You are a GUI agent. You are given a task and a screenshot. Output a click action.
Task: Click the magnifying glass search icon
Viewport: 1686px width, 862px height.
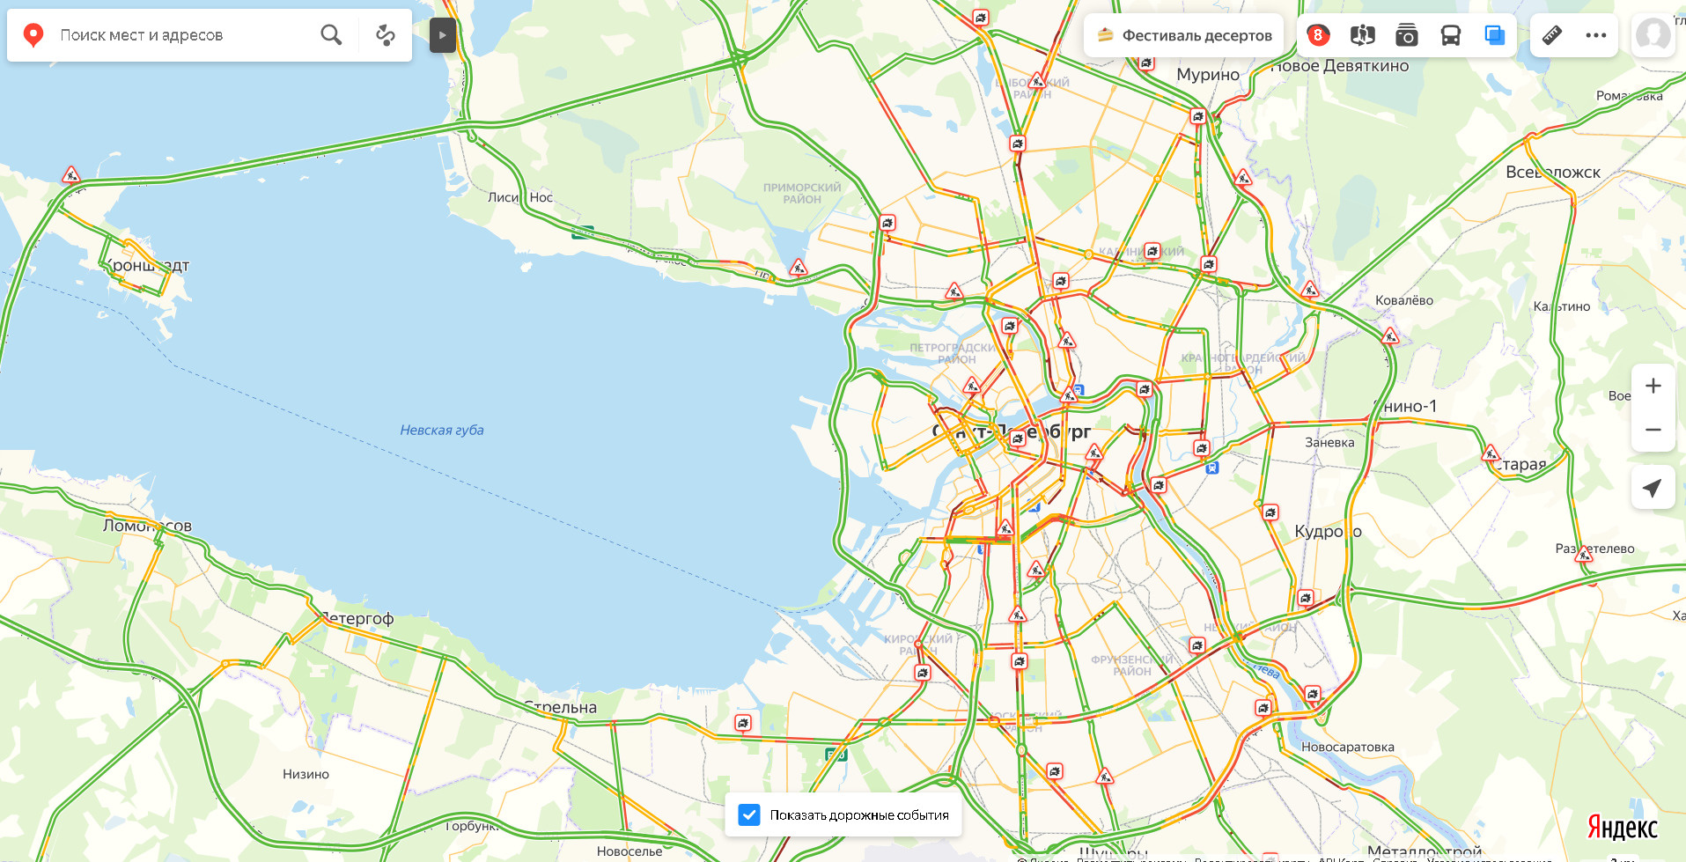[x=331, y=34]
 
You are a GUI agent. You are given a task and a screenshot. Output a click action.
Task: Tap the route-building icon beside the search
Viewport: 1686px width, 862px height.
[x=385, y=34]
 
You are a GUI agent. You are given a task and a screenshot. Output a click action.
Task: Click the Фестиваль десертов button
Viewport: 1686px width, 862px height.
[x=1184, y=35]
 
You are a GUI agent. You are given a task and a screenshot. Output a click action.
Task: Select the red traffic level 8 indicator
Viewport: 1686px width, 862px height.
[x=1317, y=35]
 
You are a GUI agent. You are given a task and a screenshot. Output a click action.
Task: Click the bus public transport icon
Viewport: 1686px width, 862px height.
[x=1450, y=35]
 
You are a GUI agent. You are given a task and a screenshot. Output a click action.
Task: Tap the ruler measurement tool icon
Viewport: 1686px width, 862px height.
[x=1552, y=35]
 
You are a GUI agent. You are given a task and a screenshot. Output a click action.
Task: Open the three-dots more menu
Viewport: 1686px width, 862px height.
[x=1595, y=35]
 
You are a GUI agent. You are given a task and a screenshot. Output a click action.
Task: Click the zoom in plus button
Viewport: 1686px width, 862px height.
[x=1653, y=386]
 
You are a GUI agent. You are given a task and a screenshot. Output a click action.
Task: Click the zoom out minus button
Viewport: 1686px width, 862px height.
[x=1653, y=430]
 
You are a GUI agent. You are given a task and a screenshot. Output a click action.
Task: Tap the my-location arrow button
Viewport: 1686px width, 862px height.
[x=1653, y=487]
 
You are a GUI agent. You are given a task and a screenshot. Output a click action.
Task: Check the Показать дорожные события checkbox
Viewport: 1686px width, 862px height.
[x=749, y=814]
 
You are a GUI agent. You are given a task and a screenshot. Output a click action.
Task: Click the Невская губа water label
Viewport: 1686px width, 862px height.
[x=442, y=430]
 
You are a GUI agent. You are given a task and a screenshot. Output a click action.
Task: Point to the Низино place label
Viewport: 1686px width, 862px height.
[x=306, y=774]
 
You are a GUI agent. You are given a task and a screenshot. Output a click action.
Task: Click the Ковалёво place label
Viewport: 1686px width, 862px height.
[x=1403, y=300]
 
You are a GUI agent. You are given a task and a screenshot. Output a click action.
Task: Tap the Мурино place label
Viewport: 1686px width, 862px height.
[x=1207, y=75]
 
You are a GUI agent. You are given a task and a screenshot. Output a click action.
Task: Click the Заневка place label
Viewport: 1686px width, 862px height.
[x=1329, y=442]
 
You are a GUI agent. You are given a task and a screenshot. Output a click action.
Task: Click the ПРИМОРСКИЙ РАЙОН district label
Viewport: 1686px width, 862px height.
[x=801, y=193]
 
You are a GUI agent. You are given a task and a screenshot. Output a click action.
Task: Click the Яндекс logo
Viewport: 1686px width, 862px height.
[x=1622, y=828]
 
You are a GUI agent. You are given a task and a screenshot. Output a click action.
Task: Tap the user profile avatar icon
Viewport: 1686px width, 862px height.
[x=1653, y=35]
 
